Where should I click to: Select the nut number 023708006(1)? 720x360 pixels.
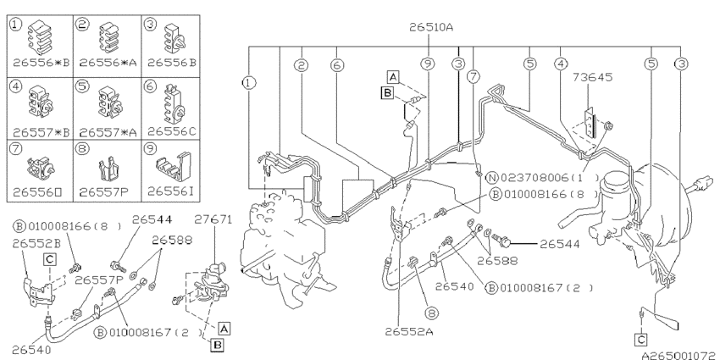pos(539,177)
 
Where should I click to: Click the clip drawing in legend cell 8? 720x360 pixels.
pos(105,166)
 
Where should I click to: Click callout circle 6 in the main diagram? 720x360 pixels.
pos(336,64)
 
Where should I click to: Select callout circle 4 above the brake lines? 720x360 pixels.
pos(560,64)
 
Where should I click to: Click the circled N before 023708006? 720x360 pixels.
pos(491,177)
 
